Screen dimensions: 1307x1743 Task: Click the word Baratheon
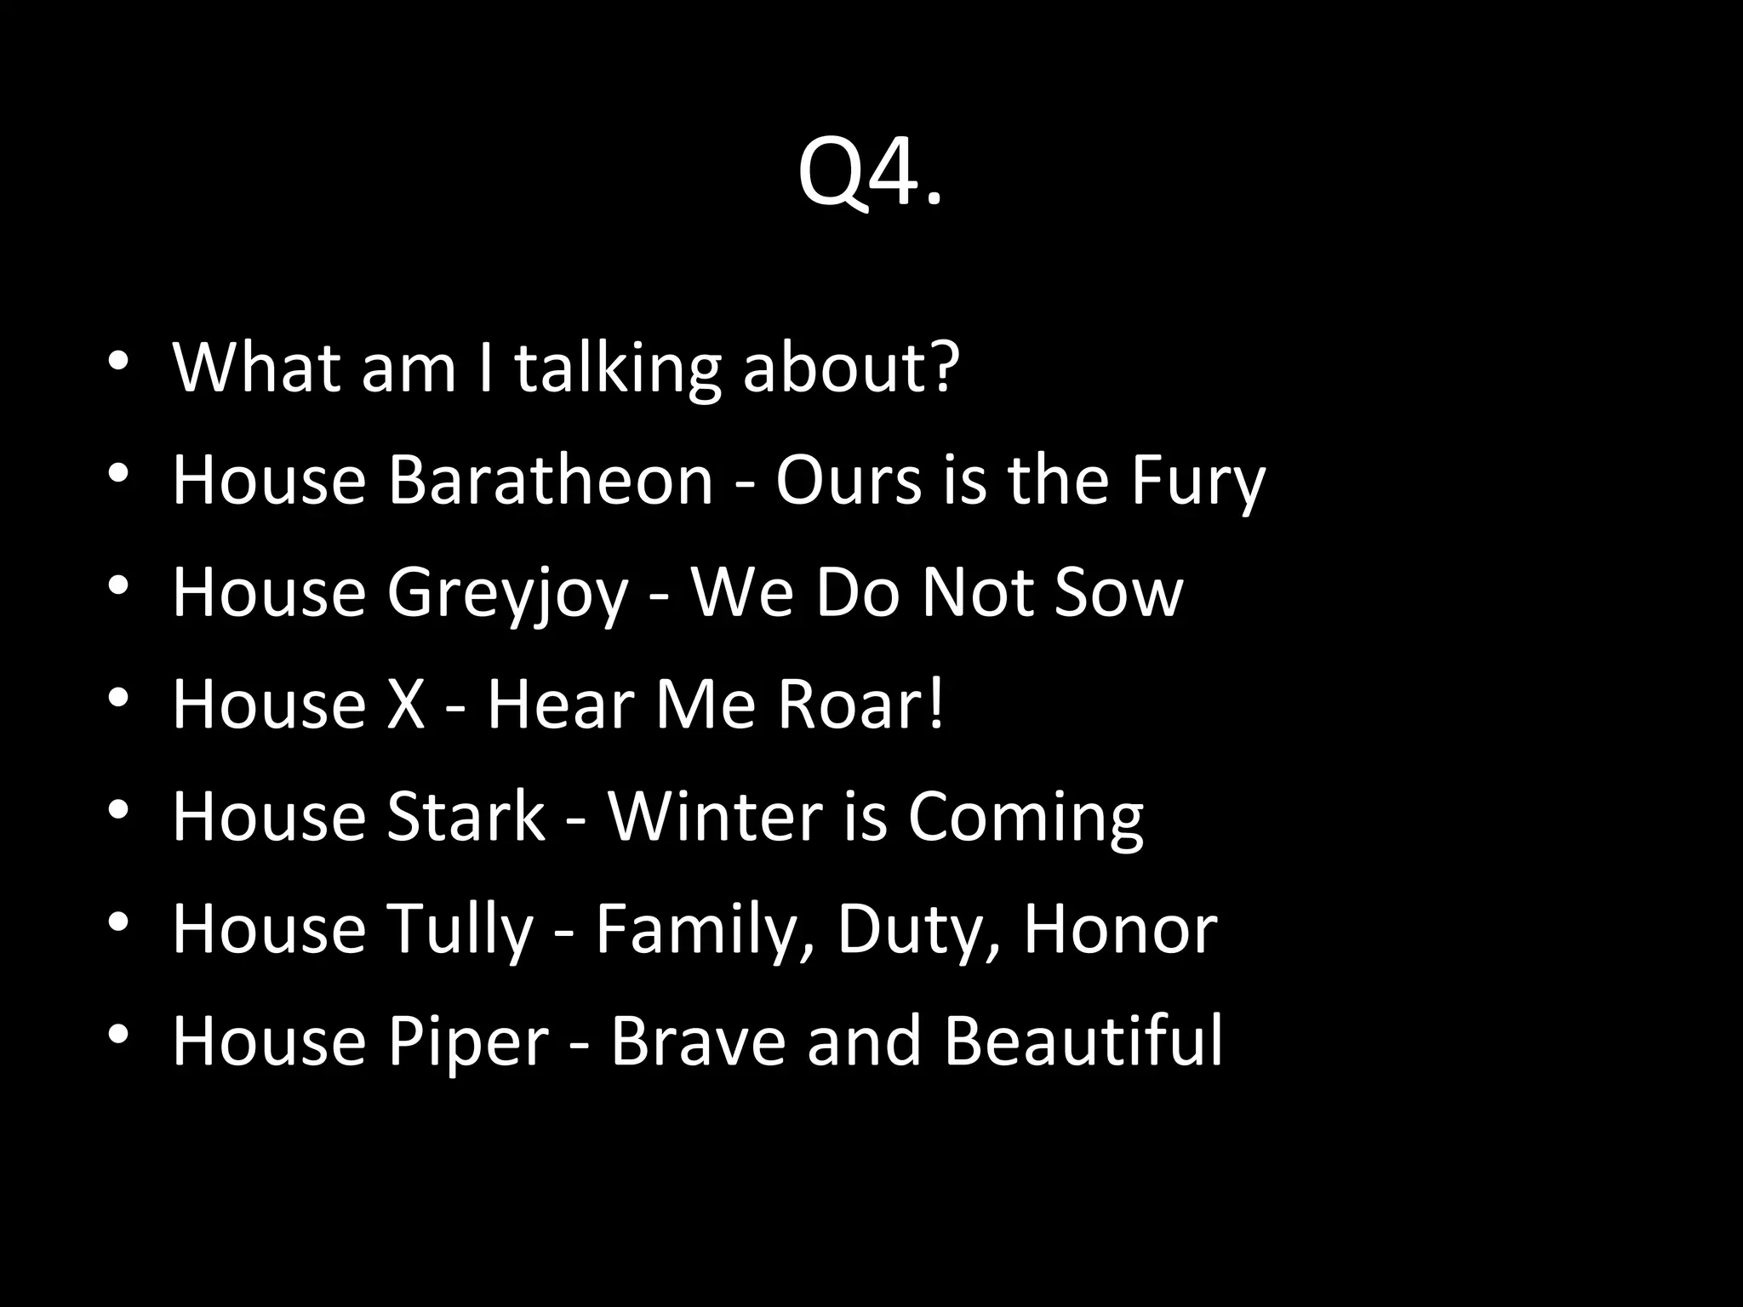(550, 480)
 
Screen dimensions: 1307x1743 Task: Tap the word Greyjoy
(507, 593)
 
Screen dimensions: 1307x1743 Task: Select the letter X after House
(406, 705)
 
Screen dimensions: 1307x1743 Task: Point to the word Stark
(466, 817)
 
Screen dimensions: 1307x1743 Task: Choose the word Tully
(460, 929)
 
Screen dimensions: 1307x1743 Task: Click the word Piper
(468, 1042)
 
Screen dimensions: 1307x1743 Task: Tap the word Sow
(1118, 592)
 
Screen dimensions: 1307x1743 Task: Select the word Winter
(715, 817)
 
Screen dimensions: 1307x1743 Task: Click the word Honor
(1120, 929)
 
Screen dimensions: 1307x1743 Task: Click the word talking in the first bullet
(617, 368)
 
